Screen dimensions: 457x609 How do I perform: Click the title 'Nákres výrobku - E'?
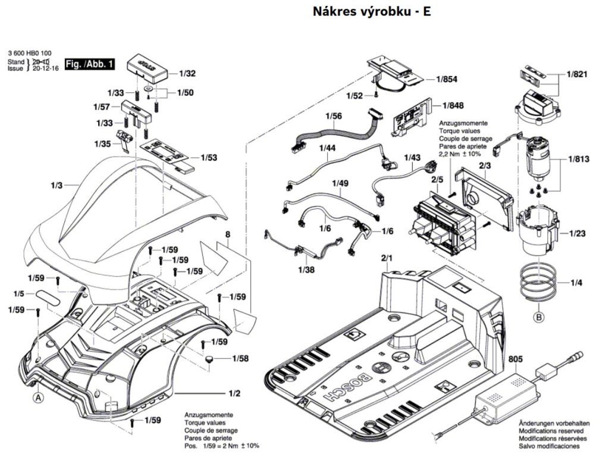pyautogui.click(x=372, y=12)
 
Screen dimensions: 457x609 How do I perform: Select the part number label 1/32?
pyautogui.click(x=187, y=74)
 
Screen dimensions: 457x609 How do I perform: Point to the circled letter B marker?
pyautogui.click(x=539, y=317)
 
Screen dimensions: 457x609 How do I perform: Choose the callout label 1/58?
pyautogui.click(x=240, y=358)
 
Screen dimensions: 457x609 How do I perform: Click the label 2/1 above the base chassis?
pyautogui.click(x=387, y=259)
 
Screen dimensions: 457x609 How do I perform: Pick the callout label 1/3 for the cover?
pyautogui.click(x=56, y=186)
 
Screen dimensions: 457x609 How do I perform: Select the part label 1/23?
pyautogui.click(x=577, y=233)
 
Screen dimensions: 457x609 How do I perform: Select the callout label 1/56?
pyautogui.click(x=333, y=116)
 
